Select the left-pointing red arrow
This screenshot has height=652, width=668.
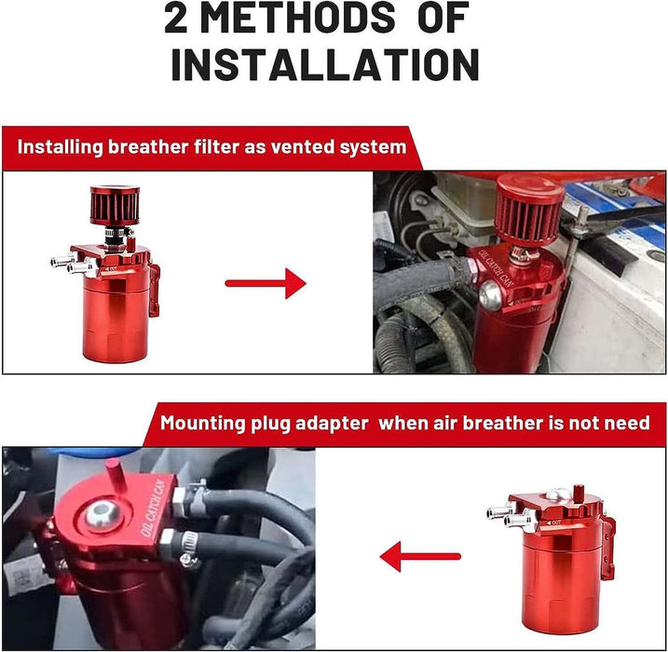420,558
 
